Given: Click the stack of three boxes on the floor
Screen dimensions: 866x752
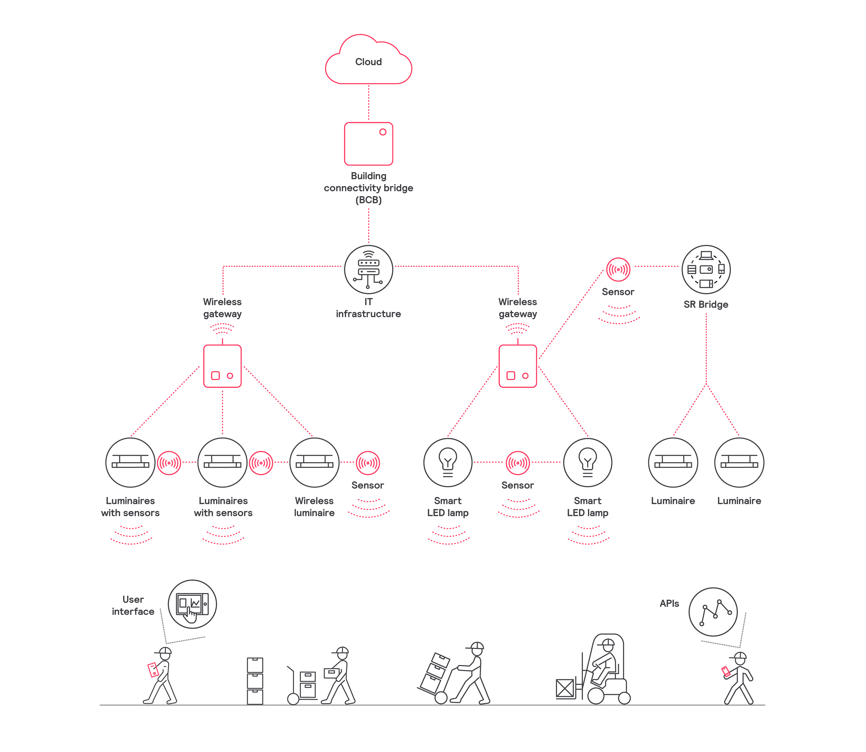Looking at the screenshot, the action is click(255, 681).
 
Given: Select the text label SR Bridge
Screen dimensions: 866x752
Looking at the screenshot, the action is click(706, 305).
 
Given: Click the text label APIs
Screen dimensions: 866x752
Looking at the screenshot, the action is click(669, 603).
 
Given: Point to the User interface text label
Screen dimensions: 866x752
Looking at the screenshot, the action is click(133, 606).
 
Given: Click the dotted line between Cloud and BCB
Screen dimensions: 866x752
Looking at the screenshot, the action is click(369, 103).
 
